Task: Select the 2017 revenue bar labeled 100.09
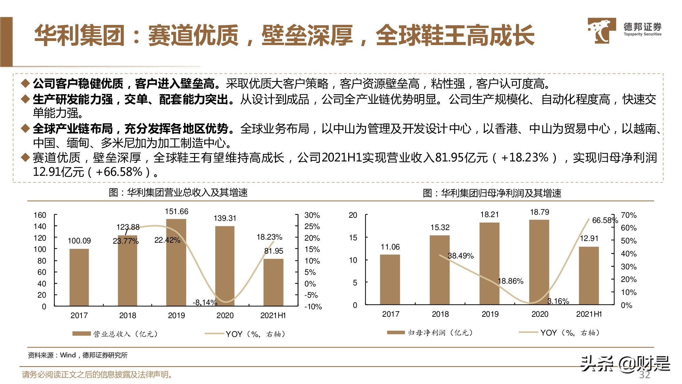pyautogui.click(x=79, y=277)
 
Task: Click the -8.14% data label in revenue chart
pyautogui.click(x=205, y=302)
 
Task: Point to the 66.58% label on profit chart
pyautogui.click(x=605, y=221)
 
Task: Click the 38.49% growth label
pyautogui.click(x=460, y=256)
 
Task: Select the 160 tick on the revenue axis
pyautogui.click(x=40, y=215)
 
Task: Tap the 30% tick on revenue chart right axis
pyautogui.click(x=312, y=215)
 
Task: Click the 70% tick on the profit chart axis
pyautogui.click(x=628, y=215)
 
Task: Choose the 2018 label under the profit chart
pyautogui.click(x=440, y=314)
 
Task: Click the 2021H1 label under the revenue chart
pyautogui.click(x=273, y=315)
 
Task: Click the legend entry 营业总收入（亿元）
pyautogui.click(x=115, y=334)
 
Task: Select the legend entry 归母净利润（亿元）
pyautogui.click(x=430, y=332)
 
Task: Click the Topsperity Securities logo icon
pyautogui.click(x=601, y=31)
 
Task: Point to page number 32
pyautogui.click(x=644, y=375)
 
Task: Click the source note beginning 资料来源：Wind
pyautogui.click(x=77, y=355)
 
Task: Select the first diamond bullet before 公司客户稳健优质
pyautogui.click(x=25, y=83)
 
